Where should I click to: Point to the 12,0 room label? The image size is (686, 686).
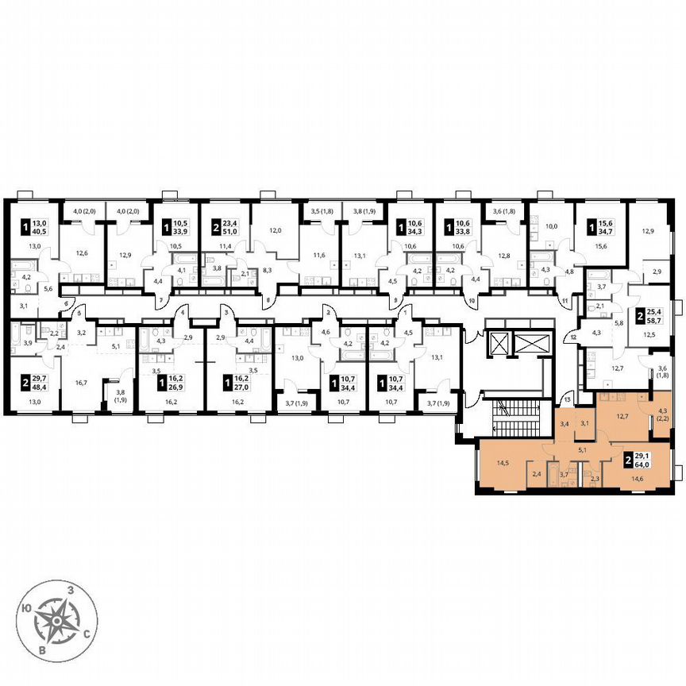[275, 231]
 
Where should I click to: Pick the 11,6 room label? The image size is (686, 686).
[318, 254]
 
